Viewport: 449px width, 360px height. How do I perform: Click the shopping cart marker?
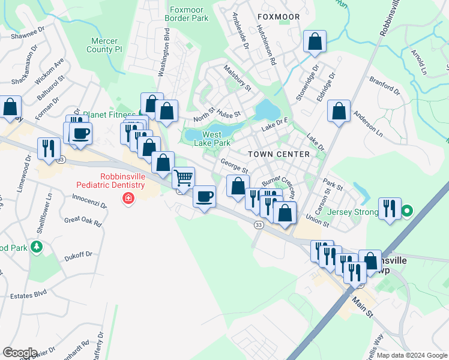click(183, 177)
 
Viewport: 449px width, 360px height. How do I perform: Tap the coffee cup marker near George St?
click(205, 196)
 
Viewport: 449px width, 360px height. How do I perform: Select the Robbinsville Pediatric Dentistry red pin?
click(127, 199)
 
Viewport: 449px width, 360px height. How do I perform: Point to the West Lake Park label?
click(216, 139)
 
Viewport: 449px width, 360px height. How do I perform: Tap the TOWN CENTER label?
click(279, 154)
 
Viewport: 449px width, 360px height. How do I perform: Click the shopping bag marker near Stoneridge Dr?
click(315, 42)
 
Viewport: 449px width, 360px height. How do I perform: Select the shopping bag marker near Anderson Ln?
click(339, 111)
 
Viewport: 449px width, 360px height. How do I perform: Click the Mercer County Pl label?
click(98, 45)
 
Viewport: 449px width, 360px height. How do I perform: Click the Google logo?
click(20, 353)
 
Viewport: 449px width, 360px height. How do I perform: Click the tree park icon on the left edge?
click(37, 247)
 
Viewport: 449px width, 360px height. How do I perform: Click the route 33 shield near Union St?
click(258, 224)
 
